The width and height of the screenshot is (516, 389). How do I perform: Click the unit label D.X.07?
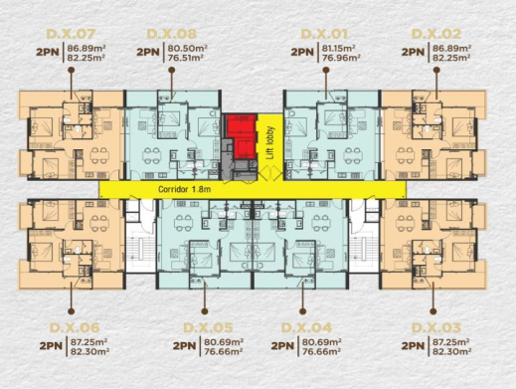(71, 34)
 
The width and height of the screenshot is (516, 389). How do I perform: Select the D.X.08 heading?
(171, 34)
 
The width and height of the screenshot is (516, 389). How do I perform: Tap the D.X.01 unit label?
(324, 34)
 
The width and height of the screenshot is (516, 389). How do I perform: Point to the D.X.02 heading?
(436, 34)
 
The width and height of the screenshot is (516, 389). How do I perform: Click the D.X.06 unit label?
(75, 327)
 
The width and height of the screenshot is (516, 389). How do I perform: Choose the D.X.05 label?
(208, 327)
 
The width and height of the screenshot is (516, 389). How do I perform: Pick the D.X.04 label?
(306, 327)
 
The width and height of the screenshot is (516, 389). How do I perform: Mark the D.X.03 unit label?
(436, 327)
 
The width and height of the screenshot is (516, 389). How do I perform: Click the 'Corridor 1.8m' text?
(184, 189)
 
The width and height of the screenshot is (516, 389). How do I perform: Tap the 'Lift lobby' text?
(270, 142)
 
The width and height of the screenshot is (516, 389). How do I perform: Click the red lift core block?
(242, 136)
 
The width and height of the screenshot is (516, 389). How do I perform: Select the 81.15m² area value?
(339, 48)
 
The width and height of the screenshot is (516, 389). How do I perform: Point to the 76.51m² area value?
(185, 58)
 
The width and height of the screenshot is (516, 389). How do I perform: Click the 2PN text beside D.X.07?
(48, 52)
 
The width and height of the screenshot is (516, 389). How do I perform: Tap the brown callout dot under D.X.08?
(172, 70)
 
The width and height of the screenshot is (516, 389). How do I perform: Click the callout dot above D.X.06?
(71, 311)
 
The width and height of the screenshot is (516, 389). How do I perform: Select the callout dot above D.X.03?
(433, 311)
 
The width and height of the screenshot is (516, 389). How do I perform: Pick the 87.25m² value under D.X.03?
(450, 342)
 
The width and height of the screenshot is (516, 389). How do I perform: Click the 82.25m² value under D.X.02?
(451, 58)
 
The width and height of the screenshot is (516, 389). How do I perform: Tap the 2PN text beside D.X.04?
(282, 346)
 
